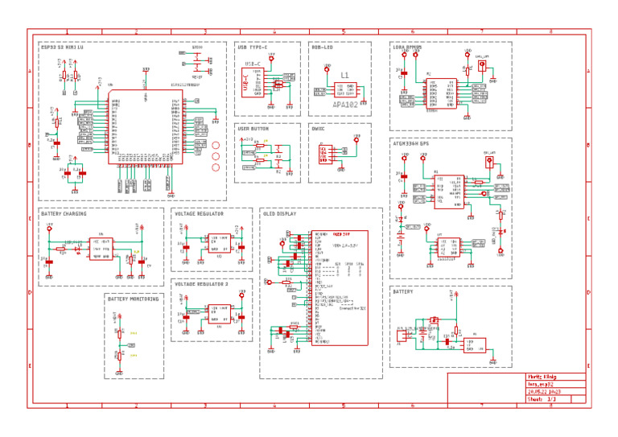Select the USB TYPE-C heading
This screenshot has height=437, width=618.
253,47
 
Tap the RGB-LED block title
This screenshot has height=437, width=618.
322,47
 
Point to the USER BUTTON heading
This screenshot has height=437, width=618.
253,129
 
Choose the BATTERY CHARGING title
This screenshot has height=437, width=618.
64,214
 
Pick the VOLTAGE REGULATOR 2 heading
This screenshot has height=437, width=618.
201,285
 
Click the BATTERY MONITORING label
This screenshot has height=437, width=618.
133,299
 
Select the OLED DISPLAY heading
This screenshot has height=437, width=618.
279,214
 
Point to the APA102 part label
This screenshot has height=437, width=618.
344,105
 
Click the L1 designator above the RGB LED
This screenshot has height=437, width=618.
345,75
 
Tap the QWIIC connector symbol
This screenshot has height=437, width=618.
326,154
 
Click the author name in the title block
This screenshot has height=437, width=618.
546,377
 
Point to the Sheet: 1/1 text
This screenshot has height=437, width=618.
542,398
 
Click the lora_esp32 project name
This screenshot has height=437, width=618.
541,384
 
